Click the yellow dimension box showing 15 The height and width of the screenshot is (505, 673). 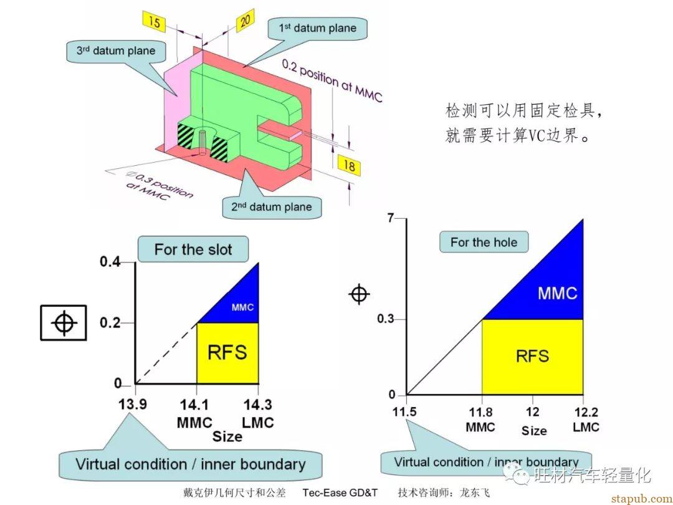click(x=154, y=21)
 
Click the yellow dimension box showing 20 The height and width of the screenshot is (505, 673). click(x=245, y=20)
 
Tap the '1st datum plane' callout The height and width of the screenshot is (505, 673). click(x=318, y=28)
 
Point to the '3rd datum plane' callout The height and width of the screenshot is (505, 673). click(x=116, y=50)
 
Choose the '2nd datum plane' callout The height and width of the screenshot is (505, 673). click(x=272, y=207)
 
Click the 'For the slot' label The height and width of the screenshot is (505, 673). click(x=193, y=249)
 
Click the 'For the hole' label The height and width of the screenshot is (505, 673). click(x=484, y=242)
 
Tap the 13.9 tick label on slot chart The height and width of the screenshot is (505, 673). click(x=133, y=405)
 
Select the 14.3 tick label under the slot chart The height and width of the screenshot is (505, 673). click(x=257, y=405)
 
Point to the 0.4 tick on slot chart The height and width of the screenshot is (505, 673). click(x=110, y=261)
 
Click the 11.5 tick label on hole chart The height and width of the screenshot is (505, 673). click(x=404, y=411)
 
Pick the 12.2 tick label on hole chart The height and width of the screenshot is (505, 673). click(x=586, y=412)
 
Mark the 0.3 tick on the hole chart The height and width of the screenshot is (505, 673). click(x=386, y=319)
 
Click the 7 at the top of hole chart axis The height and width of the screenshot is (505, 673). click(x=390, y=218)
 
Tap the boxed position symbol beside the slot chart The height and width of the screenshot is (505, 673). click(x=64, y=322)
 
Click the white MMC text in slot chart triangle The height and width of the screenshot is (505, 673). click(x=242, y=307)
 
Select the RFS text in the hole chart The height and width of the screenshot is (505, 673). click(x=532, y=356)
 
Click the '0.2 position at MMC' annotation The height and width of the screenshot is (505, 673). click(x=332, y=80)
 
